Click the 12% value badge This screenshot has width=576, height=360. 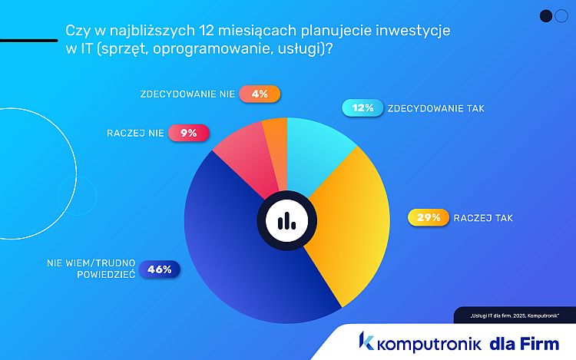362,108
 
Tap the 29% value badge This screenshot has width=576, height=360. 428,217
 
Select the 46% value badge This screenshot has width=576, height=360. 159,269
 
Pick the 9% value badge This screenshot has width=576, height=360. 188,133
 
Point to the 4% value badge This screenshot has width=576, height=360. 260,94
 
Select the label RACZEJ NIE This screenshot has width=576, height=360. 136,133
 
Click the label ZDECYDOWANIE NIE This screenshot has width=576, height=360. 187,94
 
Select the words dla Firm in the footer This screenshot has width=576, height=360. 524,342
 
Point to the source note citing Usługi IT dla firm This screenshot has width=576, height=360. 513,315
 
